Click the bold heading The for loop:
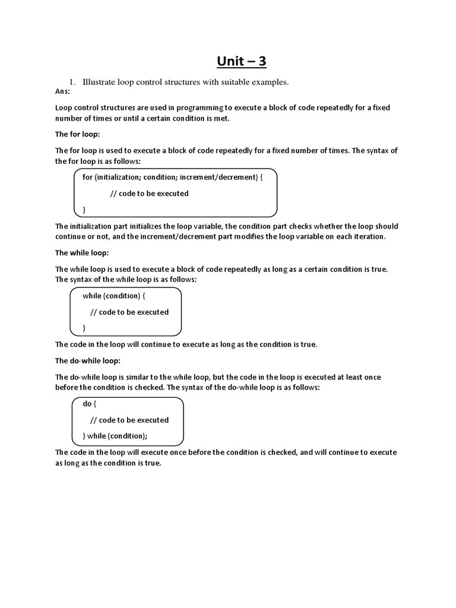tap(78, 134)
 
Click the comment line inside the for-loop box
tap(150, 194)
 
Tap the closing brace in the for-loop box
tap(84, 210)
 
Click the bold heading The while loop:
tap(82, 253)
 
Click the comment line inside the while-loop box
tap(129, 312)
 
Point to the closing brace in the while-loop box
tap(84, 328)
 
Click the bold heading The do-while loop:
tap(88, 360)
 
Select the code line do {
tap(89, 404)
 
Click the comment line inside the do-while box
tap(129, 420)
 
